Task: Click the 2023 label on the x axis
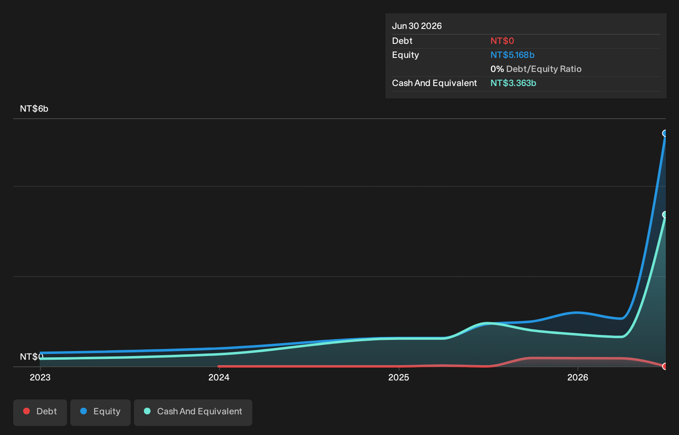point(40,378)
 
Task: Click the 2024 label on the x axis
point(219,378)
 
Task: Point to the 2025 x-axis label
point(399,378)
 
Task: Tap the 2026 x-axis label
point(578,378)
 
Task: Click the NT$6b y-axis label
point(34,108)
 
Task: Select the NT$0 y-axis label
point(31,356)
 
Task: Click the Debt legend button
point(40,413)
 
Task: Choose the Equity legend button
point(100,413)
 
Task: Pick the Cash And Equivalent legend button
point(193,413)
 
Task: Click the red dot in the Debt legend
point(26,411)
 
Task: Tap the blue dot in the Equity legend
point(84,411)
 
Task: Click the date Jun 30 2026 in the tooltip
point(417,26)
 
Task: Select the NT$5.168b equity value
point(512,55)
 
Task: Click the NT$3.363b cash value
point(513,83)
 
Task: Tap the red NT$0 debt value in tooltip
point(502,41)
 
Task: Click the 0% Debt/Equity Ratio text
point(536,69)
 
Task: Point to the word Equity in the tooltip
point(405,55)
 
